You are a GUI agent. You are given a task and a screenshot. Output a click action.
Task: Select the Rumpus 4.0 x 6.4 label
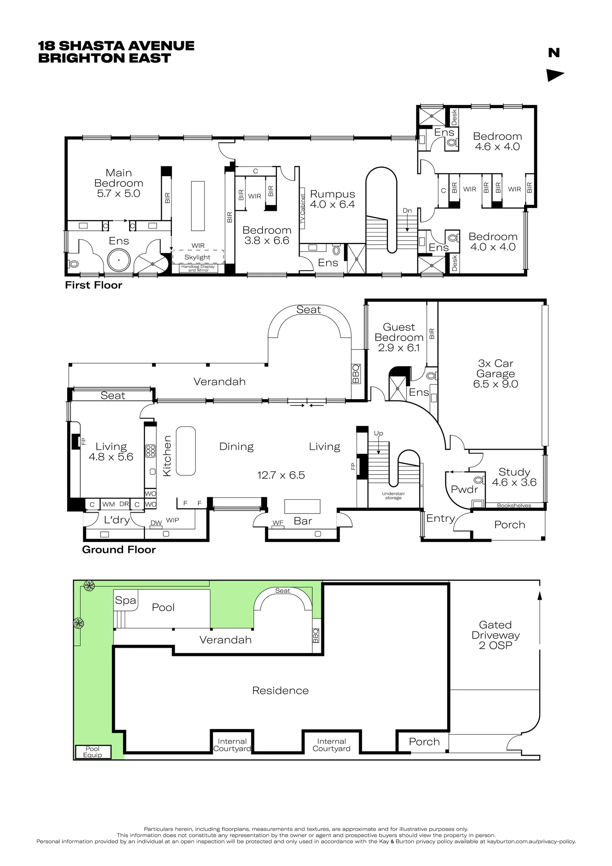click(333, 199)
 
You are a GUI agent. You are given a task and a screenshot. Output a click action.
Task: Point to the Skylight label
click(198, 257)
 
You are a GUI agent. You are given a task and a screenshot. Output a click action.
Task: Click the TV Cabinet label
click(303, 211)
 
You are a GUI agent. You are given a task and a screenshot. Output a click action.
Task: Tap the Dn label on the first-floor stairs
click(407, 211)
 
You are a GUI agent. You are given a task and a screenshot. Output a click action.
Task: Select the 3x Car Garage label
click(495, 374)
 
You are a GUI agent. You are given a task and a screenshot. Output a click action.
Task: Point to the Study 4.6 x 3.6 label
click(514, 477)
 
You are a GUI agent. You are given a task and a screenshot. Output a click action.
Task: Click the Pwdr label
click(464, 490)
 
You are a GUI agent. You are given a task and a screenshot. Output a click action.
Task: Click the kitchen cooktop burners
click(151, 451)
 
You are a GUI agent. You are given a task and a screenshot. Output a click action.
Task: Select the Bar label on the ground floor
click(303, 521)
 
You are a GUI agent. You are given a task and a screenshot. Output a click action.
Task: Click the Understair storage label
click(393, 496)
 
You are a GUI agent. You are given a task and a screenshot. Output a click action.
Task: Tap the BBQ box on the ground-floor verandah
click(356, 373)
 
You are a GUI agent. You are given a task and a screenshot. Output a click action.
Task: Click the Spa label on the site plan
click(126, 601)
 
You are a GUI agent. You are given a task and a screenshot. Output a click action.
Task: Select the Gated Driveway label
click(495, 635)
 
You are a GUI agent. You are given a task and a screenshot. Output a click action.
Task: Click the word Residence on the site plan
click(281, 691)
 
